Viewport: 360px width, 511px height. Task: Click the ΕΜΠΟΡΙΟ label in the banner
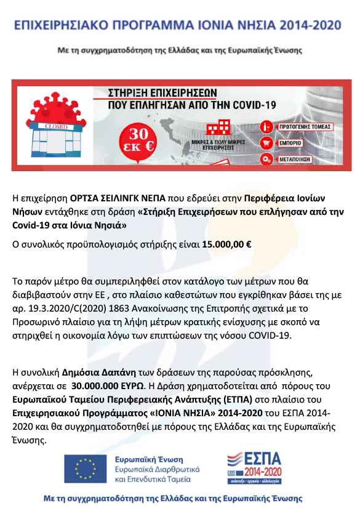click(291, 143)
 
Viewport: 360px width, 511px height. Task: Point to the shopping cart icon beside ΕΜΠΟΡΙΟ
click(266, 143)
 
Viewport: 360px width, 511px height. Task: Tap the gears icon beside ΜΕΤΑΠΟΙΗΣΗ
click(266, 159)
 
